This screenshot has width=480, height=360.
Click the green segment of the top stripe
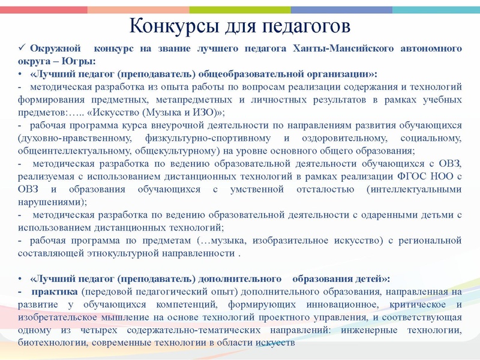click(240, 10)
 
